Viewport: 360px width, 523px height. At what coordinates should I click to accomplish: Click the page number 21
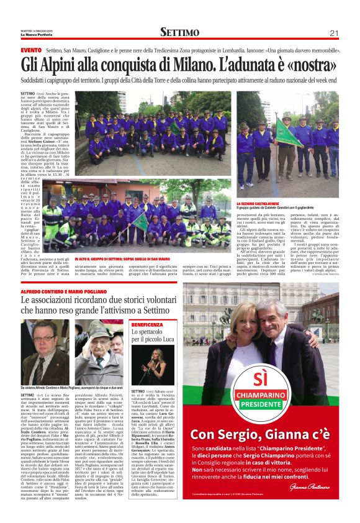tap(334, 33)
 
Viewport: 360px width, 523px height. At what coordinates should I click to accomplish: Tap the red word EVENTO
tap(30, 50)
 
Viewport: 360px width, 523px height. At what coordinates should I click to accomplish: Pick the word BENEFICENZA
tap(147, 325)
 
